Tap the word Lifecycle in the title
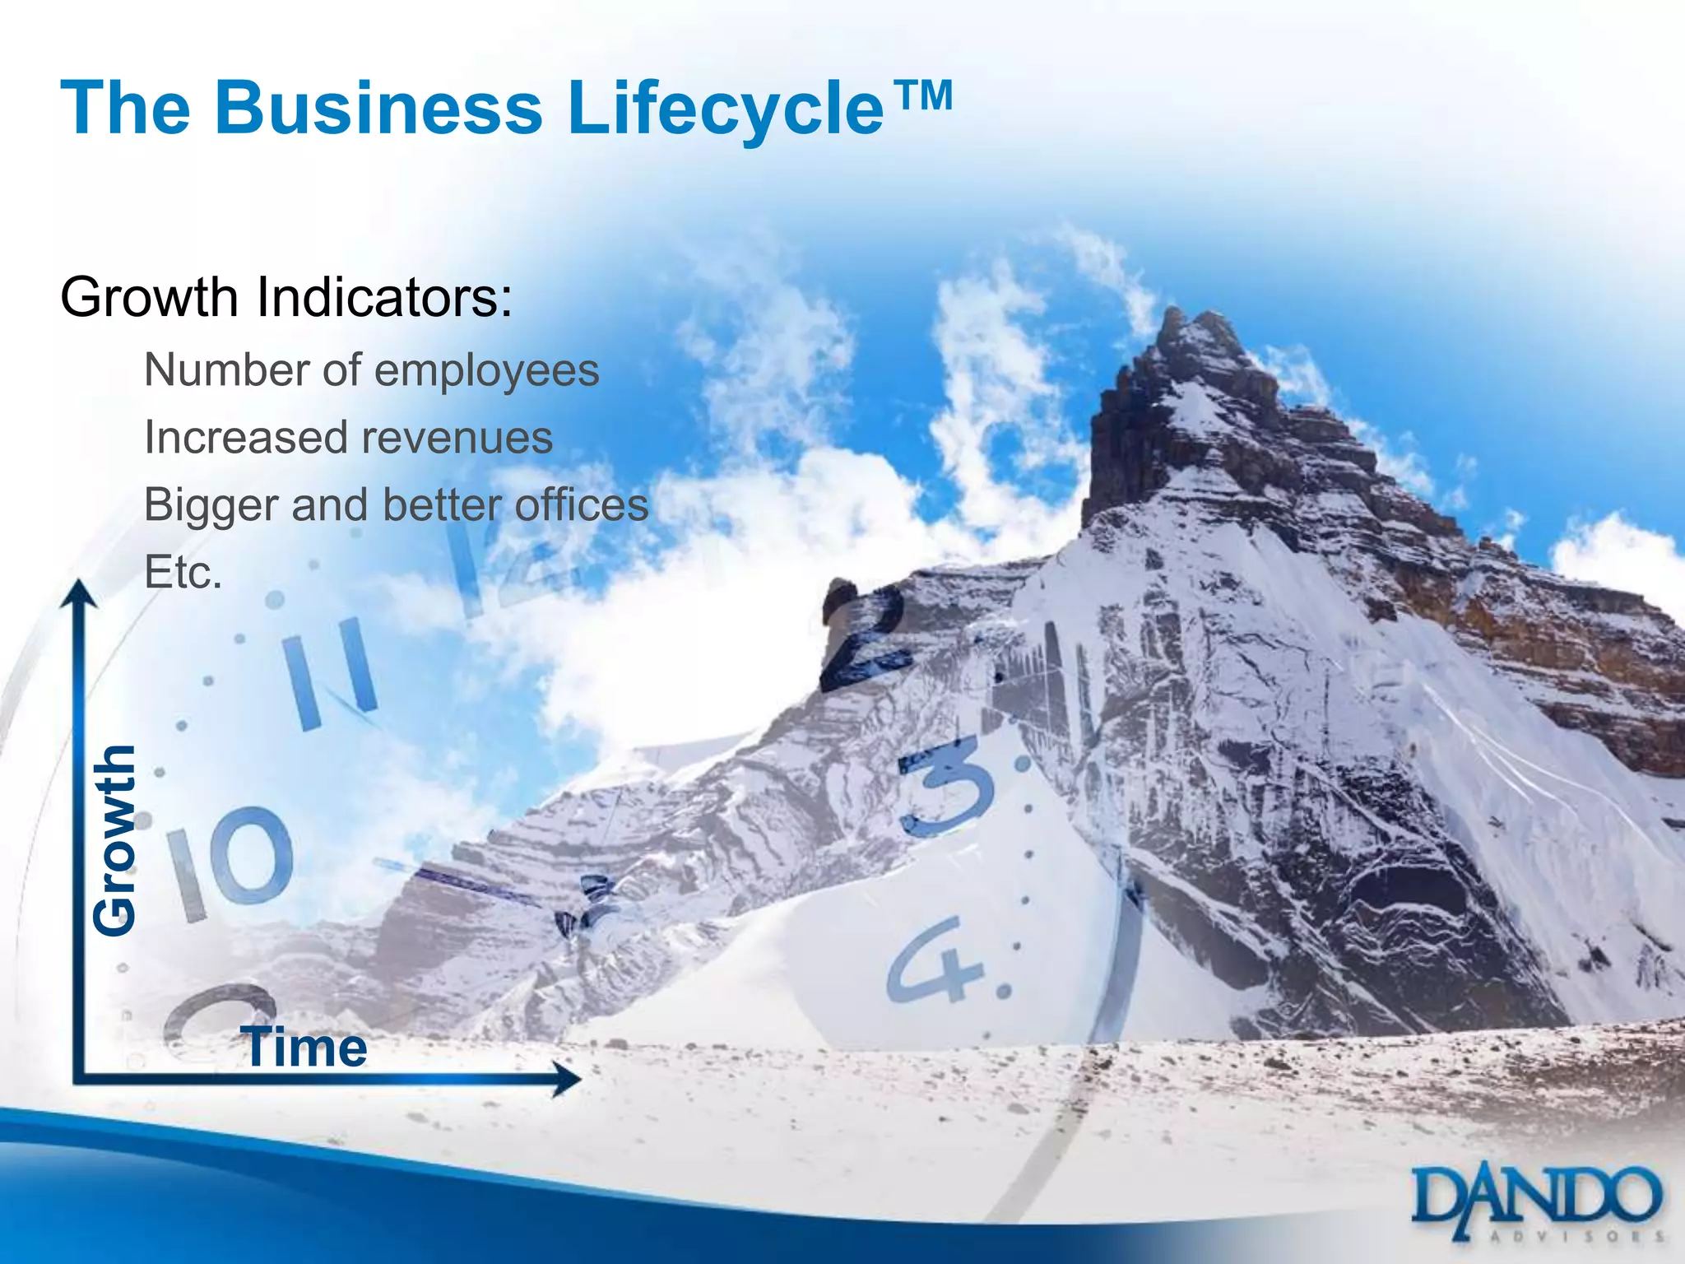(x=725, y=109)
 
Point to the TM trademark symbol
(x=922, y=96)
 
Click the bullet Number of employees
(x=371, y=370)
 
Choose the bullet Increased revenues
(x=348, y=437)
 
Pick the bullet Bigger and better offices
(x=396, y=504)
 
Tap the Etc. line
(x=183, y=572)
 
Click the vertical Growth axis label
(x=114, y=839)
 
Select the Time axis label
(x=304, y=1048)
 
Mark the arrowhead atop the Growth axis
(x=78, y=592)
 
